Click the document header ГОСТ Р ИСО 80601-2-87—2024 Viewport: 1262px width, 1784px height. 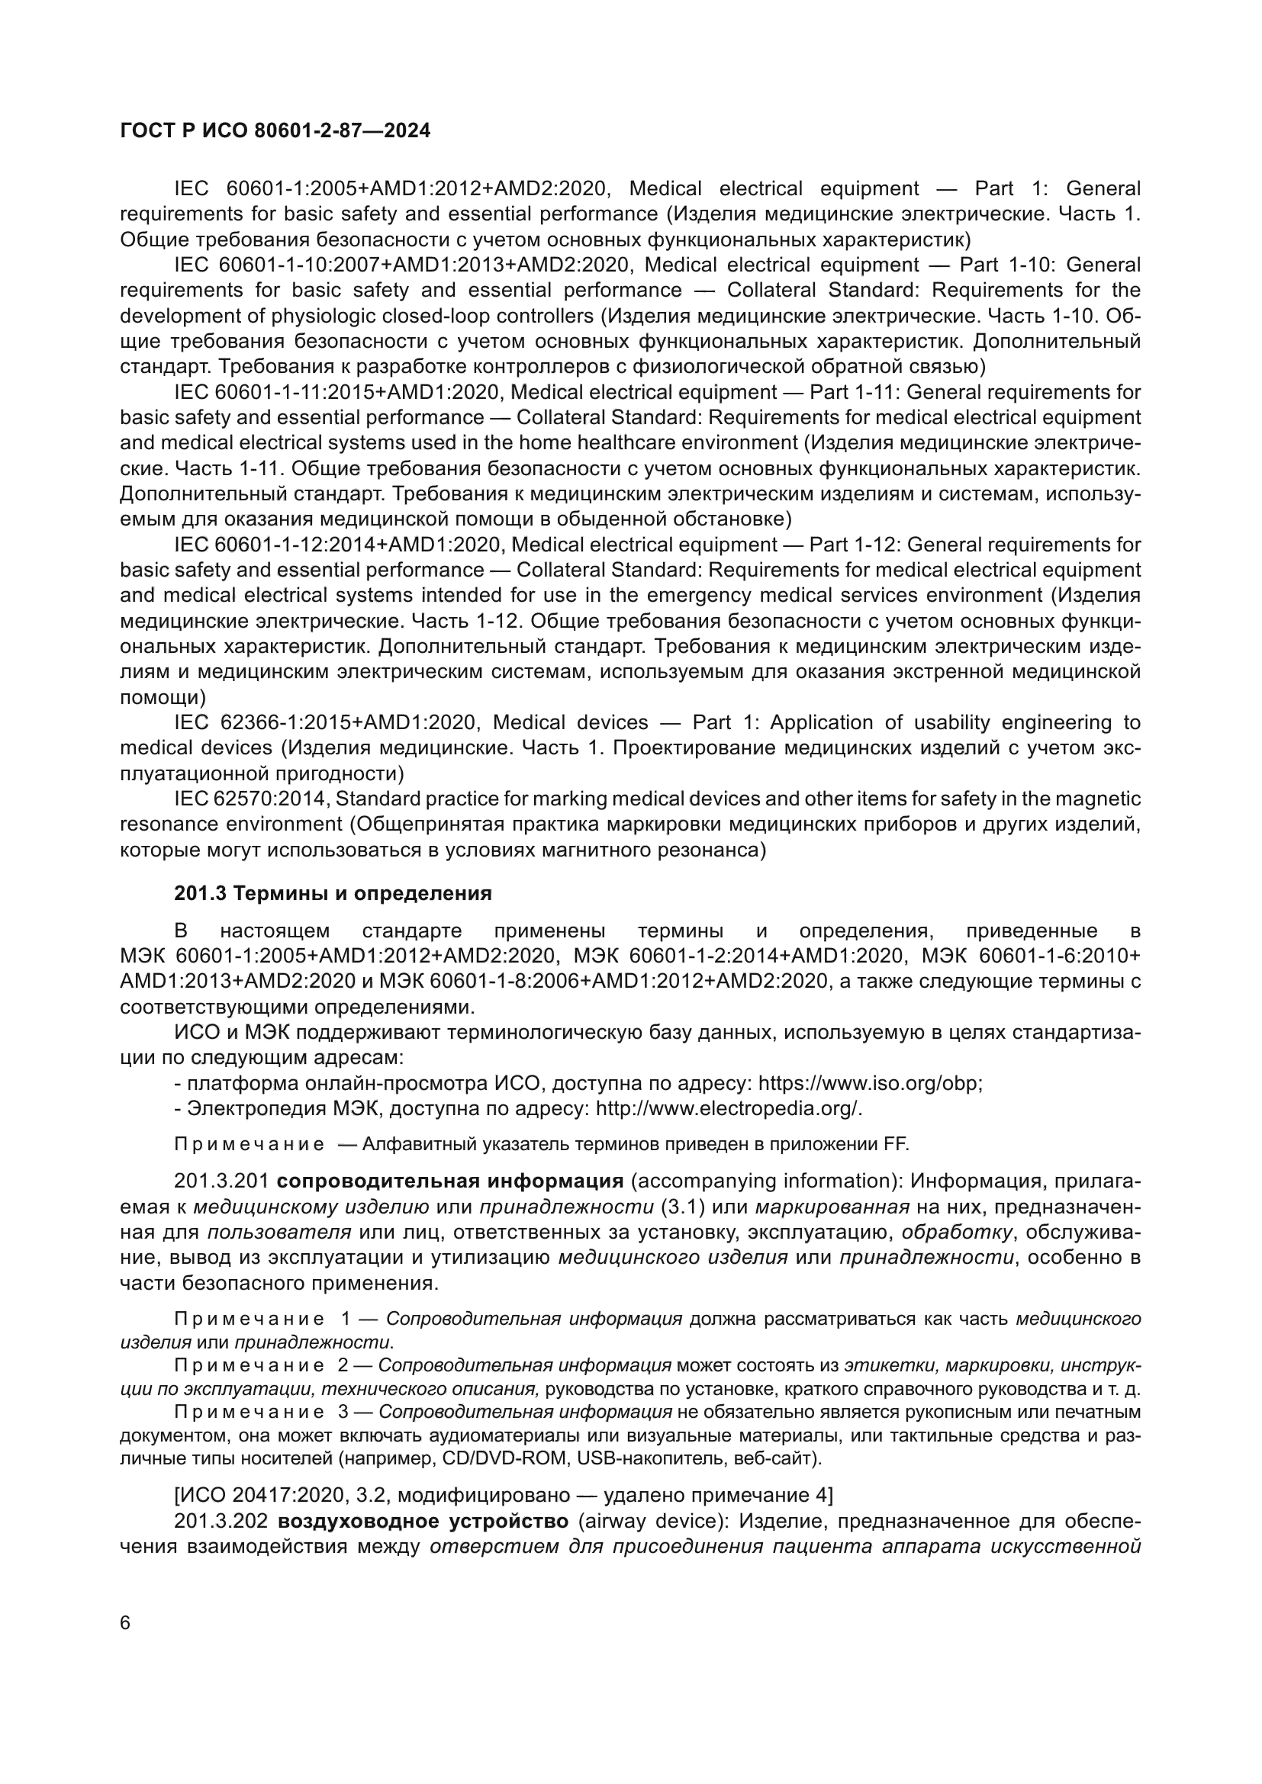click(275, 131)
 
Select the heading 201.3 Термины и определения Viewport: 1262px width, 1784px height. click(333, 894)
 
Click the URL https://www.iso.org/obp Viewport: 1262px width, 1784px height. click(870, 1083)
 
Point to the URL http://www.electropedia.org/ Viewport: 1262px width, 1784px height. click(728, 1109)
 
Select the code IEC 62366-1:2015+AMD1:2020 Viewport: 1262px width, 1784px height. click(322, 723)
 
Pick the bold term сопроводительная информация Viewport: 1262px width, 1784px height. click(450, 1181)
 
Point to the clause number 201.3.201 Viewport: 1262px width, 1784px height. click(221, 1181)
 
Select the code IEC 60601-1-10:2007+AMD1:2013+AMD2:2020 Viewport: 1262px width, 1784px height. click(401, 265)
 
